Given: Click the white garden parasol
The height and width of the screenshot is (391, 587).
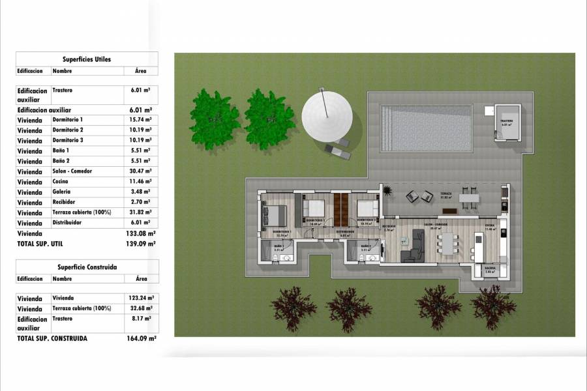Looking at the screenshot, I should click(x=327, y=113).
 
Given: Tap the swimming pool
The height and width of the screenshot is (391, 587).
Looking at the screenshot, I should click(x=426, y=128).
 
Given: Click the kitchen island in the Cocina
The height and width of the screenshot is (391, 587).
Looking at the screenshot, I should click(x=479, y=246).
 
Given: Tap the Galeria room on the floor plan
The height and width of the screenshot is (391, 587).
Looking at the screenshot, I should click(x=490, y=270).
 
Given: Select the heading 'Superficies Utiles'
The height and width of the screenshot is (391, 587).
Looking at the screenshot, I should click(x=87, y=59).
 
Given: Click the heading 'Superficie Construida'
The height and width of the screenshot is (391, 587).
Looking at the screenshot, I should click(x=87, y=267).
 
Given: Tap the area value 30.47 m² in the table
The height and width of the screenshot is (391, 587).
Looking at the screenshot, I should click(x=138, y=171).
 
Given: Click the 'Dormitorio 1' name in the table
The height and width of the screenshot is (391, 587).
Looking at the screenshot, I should click(x=68, y=120).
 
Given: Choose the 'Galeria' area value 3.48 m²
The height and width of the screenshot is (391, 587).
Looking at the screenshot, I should click(x=138, y=192).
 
